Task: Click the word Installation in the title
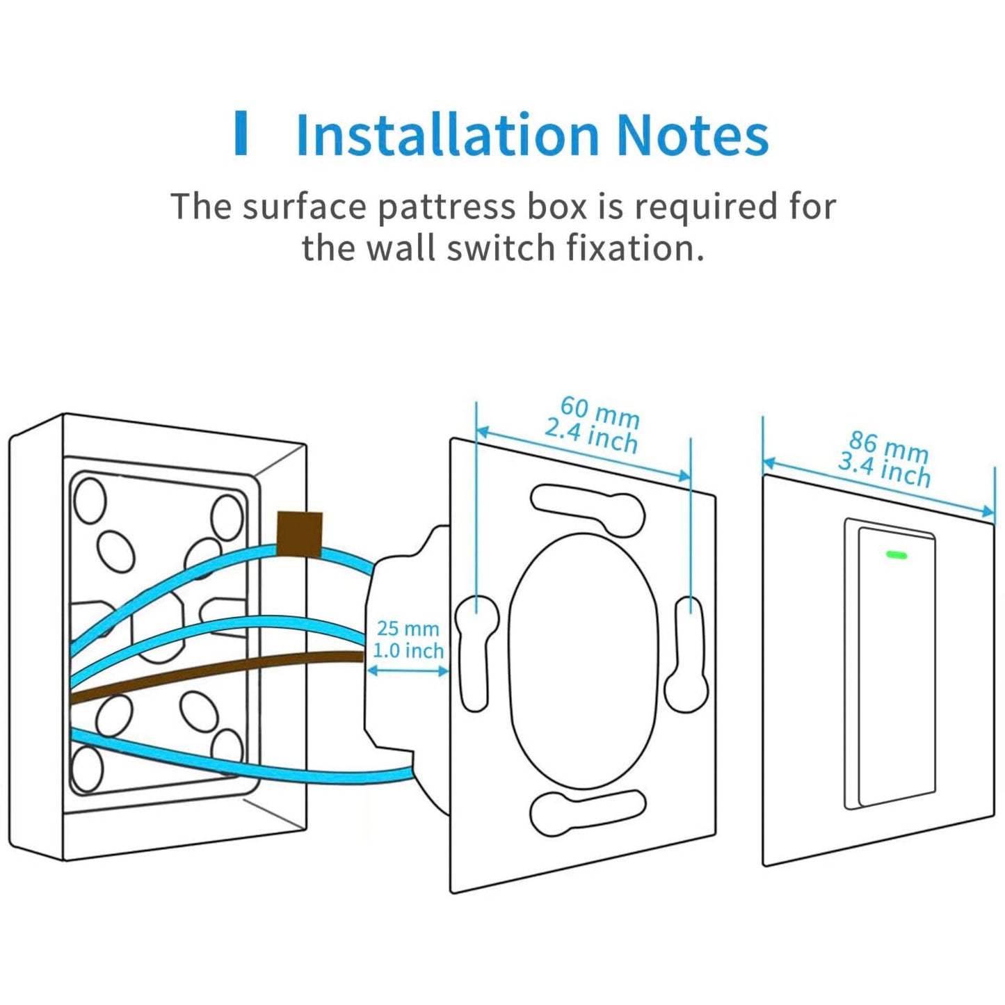tap(447, 134)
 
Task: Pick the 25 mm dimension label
tap(408, 629)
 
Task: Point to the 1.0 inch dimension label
tap(408, 651)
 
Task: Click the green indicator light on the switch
tap(897, 554)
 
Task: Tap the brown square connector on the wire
tap(299, 535)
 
